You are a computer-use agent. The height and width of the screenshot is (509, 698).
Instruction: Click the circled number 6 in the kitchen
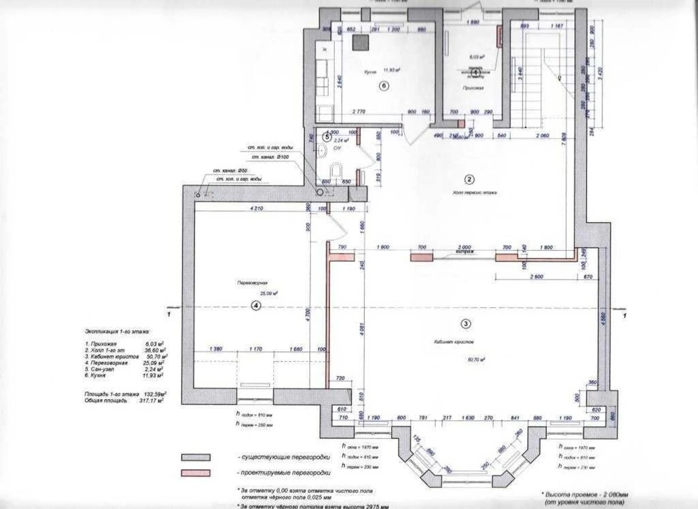(x=383, y=86)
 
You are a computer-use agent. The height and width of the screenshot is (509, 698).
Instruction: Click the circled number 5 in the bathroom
(x=327, y=137)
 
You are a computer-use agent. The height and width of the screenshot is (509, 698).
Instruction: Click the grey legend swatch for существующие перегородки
(x=196, y=457)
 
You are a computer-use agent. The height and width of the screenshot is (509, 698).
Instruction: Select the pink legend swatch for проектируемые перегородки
(x=196, y=472)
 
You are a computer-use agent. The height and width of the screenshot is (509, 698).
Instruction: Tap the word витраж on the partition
(x=465, y=252)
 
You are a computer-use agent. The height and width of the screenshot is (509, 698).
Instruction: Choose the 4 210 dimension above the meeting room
(x=257, y=207)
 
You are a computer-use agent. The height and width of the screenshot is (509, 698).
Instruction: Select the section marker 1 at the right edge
(x=624, y=315)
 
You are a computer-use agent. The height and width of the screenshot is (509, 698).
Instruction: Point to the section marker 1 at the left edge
(x=168, y=314)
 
